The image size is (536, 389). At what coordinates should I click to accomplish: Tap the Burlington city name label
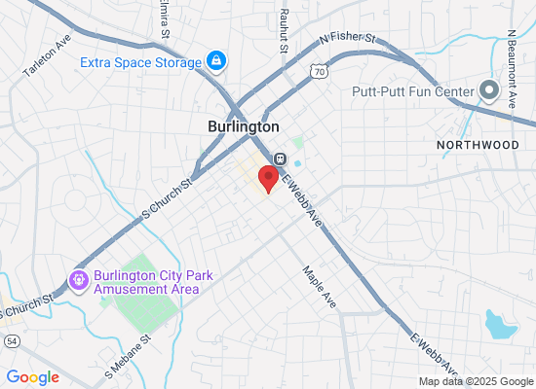pos(244,126)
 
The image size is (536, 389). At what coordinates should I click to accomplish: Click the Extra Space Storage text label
pos(140,63)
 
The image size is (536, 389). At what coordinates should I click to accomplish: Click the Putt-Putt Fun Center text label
pos(413,92)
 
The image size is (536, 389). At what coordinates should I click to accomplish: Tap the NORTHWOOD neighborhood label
pos(479,144)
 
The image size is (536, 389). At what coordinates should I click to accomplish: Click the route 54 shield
pos(11,339)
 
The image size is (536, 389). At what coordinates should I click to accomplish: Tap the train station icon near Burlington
pos(279,159)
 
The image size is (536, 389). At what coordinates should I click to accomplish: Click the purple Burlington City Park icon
pos(78,280)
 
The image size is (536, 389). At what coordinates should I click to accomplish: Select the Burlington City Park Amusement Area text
pos(146,282)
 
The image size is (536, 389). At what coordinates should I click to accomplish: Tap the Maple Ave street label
pos(319,288)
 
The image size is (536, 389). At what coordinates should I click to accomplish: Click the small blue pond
pos(500,324)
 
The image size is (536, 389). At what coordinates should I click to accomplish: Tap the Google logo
pos(33,377)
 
